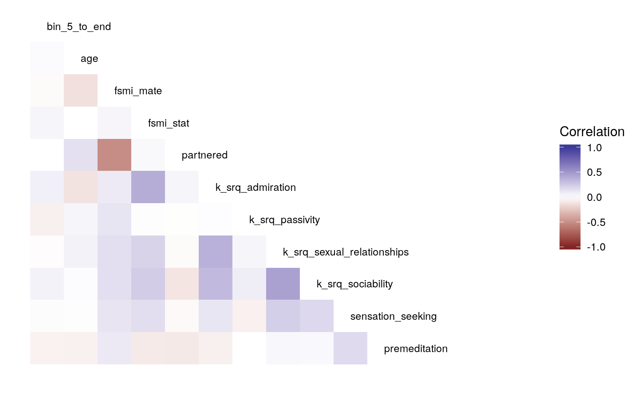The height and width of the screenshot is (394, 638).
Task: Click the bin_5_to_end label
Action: pos(79,27)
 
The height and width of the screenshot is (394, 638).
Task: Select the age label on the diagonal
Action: pos(89,59)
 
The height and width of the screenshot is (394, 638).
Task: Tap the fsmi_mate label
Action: pos(138,91)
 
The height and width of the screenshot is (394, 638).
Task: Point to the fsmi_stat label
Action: pos(169,123)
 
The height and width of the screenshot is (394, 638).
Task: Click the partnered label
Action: pos(205,155)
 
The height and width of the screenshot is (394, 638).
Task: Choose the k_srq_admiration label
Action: pos(256,188)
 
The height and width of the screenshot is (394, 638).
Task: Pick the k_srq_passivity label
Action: pos(284,220)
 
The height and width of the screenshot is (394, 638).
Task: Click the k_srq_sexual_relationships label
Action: pos(345,252)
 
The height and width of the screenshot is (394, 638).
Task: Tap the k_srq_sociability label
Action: pos(355,284)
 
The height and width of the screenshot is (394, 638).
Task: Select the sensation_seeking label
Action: pos(393,317)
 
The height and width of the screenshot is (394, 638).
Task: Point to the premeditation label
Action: pos(416,349)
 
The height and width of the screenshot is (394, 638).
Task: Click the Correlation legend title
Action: pos(592,132)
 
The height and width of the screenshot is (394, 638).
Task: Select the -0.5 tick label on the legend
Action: pos(594,222)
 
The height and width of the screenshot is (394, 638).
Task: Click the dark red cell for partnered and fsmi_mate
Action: pos(114,155)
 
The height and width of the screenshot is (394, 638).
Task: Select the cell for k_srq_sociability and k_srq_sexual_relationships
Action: pos(283,284)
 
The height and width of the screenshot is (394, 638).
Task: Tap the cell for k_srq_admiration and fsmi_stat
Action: pos(148,188)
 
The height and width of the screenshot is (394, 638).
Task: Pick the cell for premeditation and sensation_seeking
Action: pos(350,349)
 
